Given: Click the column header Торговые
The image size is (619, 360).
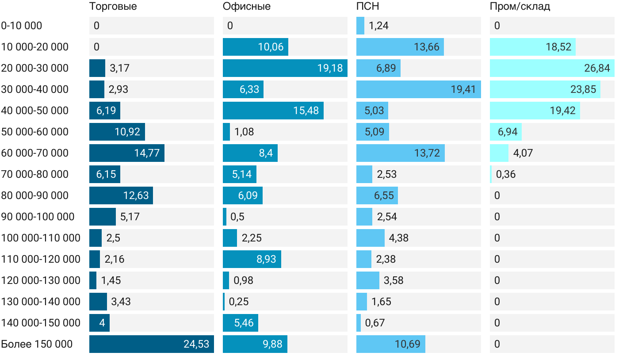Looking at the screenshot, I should [x=113, y=7].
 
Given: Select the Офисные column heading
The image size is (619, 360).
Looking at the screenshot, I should [x=246, y=7].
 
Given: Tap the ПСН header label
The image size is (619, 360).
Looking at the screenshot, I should [x=367, y=7].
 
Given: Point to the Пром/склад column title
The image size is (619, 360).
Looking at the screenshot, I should [x=520, y=7].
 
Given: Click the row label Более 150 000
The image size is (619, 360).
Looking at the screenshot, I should [x=37, y=344].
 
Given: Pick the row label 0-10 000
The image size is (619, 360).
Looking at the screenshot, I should [x=22, y=26].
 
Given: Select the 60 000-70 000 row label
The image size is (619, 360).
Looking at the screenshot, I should [x=35, y=153].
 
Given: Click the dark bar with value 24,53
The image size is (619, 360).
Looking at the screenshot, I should [x=151, y=344].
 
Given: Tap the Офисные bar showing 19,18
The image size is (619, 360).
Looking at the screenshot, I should [x=285, y=68].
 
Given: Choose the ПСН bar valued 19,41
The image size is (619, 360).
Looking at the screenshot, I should [x=418, y=89].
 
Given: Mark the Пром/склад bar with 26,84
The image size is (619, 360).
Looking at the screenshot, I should [x=552, y=68].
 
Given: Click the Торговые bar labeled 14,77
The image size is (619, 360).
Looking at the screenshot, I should [x=126, y=153].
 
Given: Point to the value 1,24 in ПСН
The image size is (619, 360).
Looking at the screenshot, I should [x=378, y=26].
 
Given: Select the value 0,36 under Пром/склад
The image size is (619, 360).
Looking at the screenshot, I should [x=505, y=174].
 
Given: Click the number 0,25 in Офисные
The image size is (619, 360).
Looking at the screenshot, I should [x=238, y=302].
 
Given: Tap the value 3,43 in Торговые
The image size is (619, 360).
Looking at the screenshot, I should [x=121, y=302].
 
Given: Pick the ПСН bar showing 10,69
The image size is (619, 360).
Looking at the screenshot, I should [x=390, y=344].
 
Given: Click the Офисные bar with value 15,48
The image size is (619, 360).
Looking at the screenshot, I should [x=273, y=111].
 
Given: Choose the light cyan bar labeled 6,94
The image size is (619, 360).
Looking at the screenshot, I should [x=506, y=132].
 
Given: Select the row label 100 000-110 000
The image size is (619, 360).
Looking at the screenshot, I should [x=41, y=238].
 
